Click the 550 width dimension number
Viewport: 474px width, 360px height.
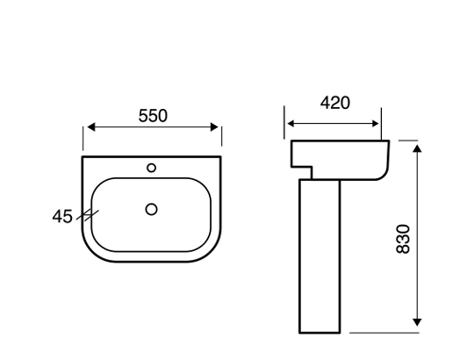(153, 115)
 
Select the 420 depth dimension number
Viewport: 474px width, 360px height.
(334, 103)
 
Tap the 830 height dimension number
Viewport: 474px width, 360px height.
(403, 238)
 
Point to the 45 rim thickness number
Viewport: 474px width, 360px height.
(61, 215)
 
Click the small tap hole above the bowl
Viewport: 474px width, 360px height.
(152, 166)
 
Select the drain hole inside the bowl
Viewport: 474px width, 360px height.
(151, 209)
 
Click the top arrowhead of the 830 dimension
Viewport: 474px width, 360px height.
(418, 146)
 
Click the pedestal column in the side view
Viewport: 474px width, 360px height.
(320, 255)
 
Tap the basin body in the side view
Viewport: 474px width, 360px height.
(351, 158)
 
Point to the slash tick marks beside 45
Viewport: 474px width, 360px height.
(88, 213)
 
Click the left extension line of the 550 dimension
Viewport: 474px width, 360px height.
(83, 136)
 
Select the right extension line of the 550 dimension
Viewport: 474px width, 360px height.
(222, 136)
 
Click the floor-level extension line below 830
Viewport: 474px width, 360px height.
(386, 334)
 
